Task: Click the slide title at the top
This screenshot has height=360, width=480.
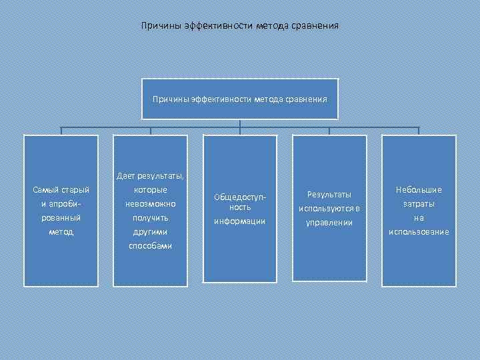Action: [240, 27]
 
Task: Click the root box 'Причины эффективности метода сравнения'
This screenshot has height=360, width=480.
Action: [240, 99]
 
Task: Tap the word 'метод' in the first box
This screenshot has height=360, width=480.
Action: [61, 231]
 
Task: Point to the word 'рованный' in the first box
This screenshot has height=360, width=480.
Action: [61, 217]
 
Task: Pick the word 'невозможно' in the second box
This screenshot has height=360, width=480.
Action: [150, 203]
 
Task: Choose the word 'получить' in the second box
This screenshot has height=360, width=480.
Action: [150, 217]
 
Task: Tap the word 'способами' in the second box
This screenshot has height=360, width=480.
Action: [150, 245]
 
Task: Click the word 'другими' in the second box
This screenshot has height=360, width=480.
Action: [150, 231]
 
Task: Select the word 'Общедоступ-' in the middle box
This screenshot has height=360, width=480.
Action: [239, 198]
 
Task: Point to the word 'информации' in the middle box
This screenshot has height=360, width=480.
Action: [239, 221]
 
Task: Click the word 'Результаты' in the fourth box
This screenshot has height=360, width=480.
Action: [329, 194]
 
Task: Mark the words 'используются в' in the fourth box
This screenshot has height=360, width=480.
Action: [329, 208]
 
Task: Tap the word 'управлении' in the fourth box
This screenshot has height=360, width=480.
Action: [329, 222]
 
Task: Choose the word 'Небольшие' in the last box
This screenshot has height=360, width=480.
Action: [419, 190]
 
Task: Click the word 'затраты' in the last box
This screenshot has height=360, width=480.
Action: [419, 204]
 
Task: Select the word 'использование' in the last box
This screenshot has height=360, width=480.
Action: [419, 231]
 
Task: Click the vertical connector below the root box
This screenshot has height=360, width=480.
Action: [240, 123]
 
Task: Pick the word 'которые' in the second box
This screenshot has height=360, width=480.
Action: [150, 190]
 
